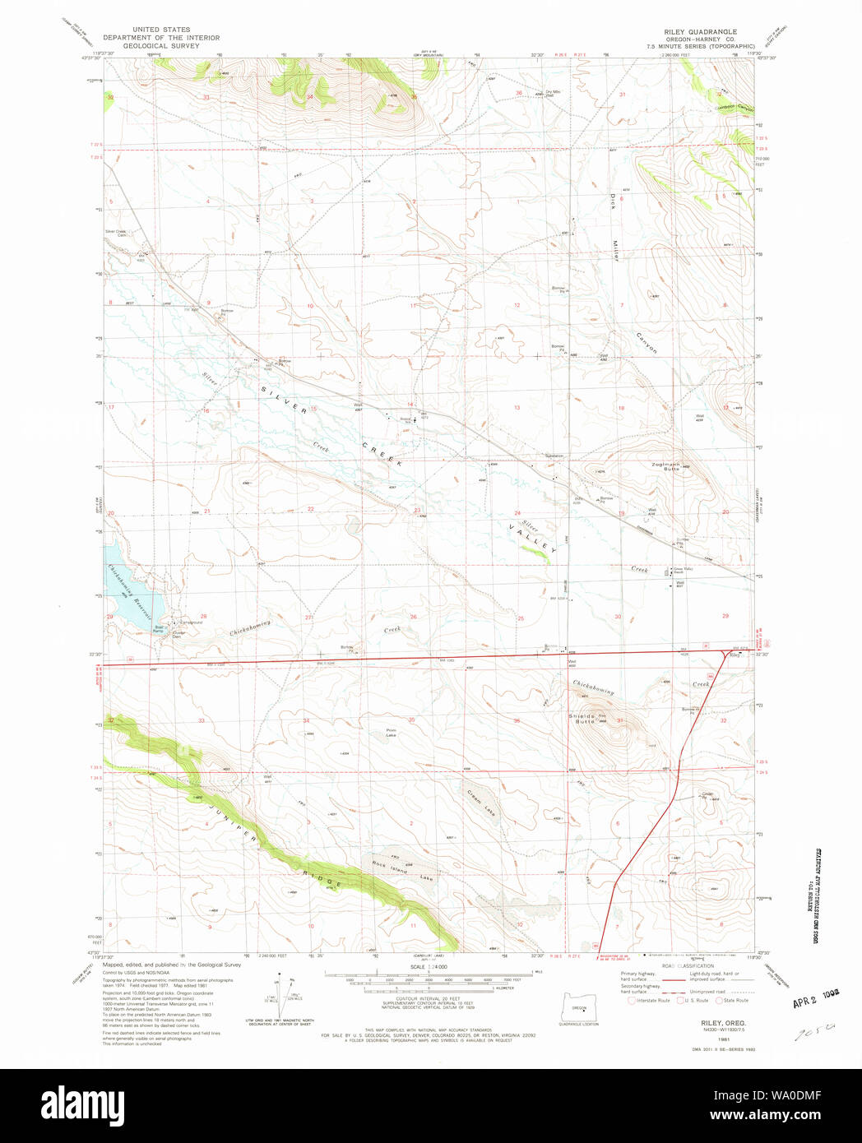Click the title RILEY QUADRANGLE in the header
click(700, 32)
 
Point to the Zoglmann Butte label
click(665, 466)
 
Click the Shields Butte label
click(583, 718)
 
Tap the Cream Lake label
click(481, 802)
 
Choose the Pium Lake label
click(392, 732)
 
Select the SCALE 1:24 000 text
click(429, 967)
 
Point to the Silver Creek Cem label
click(116, 234)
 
